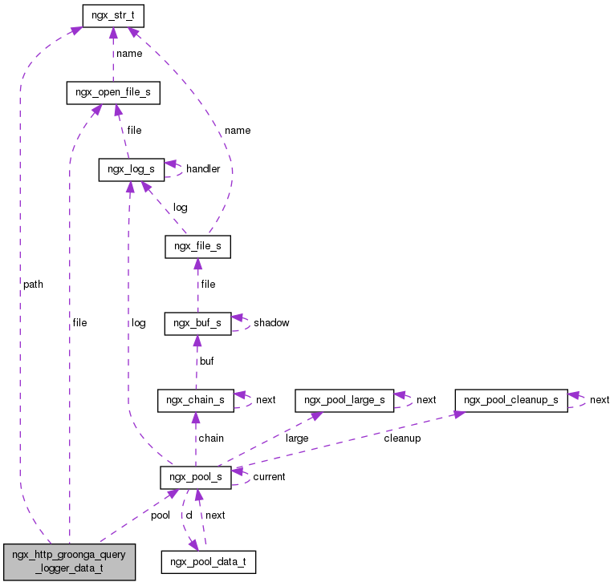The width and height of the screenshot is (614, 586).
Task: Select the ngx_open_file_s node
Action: click(112, 93)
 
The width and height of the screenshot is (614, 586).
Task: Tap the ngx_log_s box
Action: click(131, 169)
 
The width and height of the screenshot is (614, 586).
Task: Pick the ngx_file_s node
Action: click(197, 247)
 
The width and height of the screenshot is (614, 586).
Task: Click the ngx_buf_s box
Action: click(197, 323)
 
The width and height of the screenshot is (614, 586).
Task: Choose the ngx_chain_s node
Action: click(195, 400)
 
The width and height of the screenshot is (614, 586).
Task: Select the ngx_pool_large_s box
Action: click(344, 400)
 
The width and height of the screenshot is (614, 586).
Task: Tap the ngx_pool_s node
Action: click(196, 477)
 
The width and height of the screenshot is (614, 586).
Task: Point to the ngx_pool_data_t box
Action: click(209, 561)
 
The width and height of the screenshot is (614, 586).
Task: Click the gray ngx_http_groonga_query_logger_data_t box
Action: click(69, 561)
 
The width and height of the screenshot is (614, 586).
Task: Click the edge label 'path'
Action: click(33, 285)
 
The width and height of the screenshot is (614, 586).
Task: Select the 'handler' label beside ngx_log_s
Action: click(203, 169)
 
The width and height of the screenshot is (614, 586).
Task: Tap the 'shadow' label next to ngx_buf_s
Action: click(271, 323)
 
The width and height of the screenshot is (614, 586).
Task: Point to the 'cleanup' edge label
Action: click(401, 438)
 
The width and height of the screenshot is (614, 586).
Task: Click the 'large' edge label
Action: click(296, 438)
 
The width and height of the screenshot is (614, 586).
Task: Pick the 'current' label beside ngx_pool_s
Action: click(269, 477)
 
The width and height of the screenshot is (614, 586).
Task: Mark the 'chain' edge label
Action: click(211, 438)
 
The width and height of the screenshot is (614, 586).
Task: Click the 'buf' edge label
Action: click(206, 362)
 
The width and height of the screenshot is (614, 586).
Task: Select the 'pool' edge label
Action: click(160, 515)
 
